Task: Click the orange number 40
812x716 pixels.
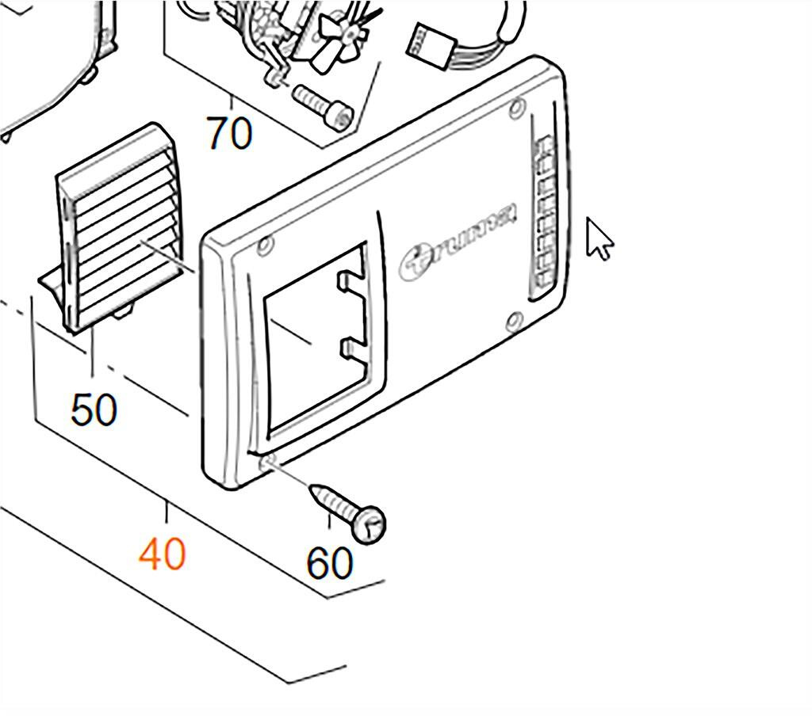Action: [163, 554]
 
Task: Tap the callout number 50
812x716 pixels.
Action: [94, 409]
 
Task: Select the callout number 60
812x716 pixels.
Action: [329, 563]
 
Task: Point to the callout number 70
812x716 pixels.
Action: [230, 133]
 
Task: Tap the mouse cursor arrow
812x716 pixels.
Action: [599, 238]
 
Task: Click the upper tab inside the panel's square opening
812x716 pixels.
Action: [350, 282]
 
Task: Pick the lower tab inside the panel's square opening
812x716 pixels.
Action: [350, 348]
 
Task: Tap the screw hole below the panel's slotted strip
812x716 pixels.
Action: [514, 321]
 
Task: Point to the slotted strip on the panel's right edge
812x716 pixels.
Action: [545, 214]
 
